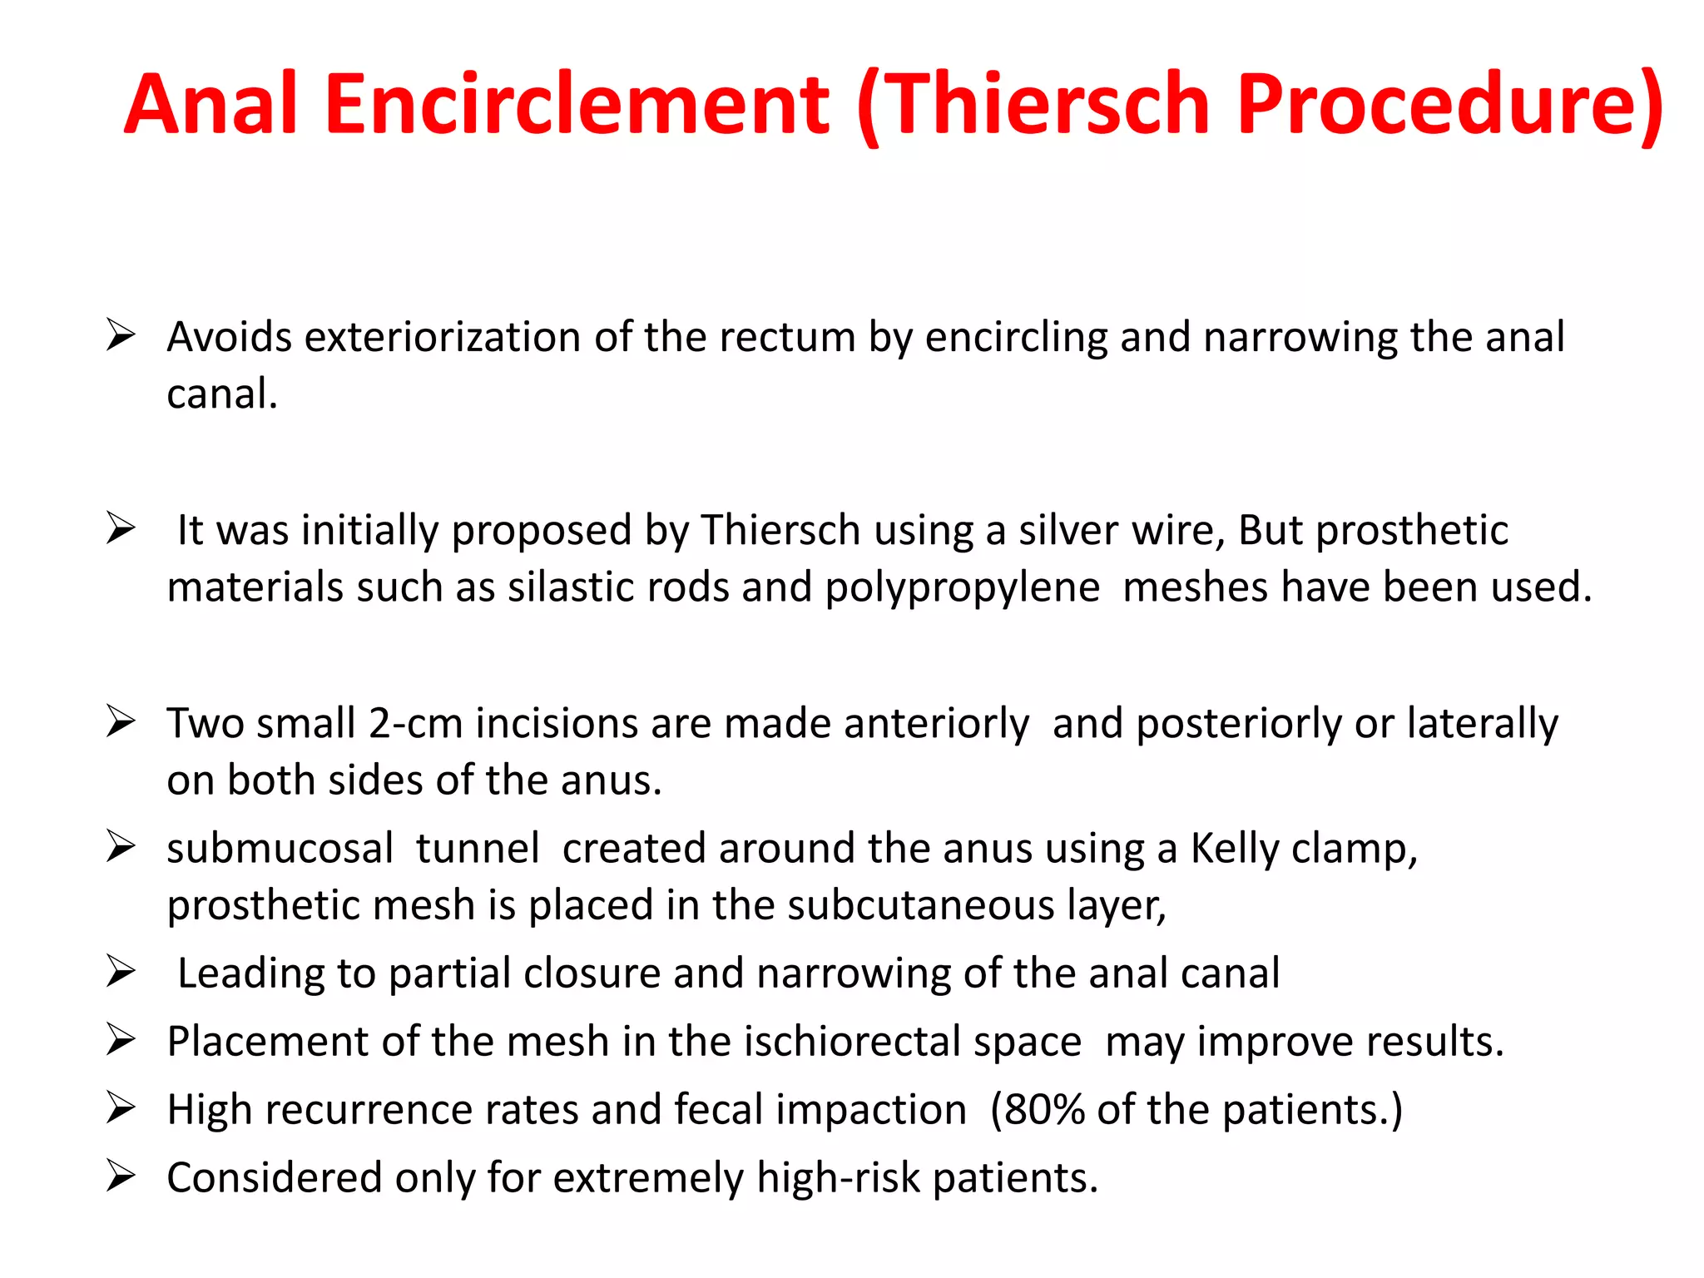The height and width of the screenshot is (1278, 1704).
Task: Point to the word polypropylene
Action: coord(963,587)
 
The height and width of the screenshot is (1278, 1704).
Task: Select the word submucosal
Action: coord(280,849)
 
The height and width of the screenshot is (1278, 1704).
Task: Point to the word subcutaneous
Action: coord(921,905)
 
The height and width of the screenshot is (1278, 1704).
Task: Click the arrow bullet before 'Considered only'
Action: coord(121,1176)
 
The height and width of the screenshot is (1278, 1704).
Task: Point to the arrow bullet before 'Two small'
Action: coord(121,721)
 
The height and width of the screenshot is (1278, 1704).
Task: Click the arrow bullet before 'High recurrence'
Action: coord(121,1108)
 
